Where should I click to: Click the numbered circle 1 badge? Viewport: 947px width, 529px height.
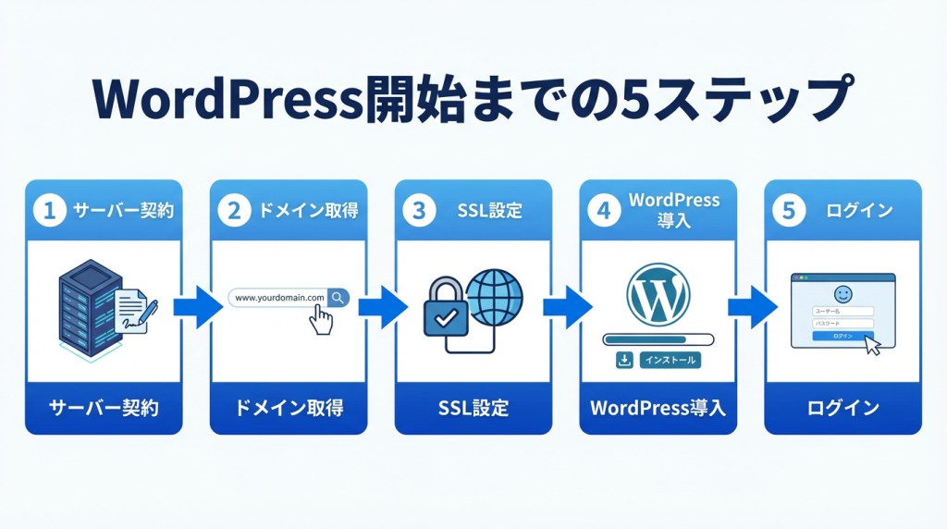(49, 211)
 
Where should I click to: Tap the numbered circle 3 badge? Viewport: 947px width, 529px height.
(419, 211)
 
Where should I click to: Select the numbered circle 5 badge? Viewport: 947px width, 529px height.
(789, 211)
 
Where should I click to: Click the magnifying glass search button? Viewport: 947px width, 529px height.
(338, 297)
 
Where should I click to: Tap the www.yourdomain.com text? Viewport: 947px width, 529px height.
(279, 298)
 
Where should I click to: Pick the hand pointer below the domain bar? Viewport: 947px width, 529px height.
(321, 321)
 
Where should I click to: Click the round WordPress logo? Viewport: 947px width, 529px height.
(658, 295)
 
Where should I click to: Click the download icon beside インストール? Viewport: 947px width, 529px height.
(624, 360)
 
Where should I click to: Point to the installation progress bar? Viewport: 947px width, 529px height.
(658, 338)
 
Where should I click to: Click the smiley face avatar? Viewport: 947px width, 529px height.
(842, 292)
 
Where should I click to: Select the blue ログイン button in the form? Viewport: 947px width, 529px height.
(842, 336)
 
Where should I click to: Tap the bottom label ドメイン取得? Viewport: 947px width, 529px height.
(288, 408)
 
